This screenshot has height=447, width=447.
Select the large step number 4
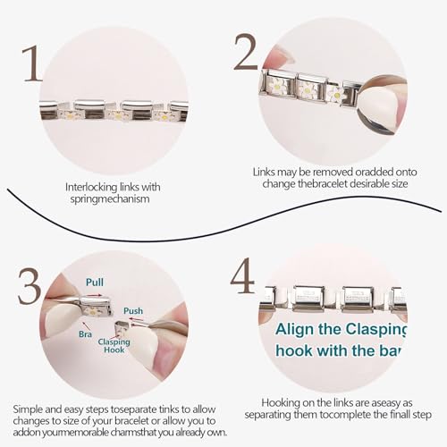coord(242,276)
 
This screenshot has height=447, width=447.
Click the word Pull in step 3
coord(95,282)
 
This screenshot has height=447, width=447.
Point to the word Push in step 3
coord(133,310)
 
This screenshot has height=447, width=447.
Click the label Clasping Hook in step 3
coord(114,347)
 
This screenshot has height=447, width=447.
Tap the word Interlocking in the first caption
coord(87,188)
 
